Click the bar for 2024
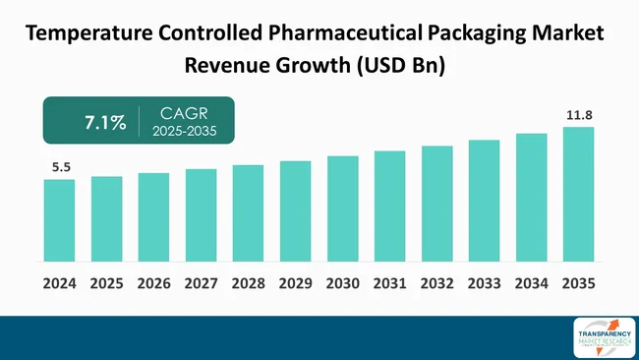tap(59, 220)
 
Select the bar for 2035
tap(578, 194)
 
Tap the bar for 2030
tap(342, 209)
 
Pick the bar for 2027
tap(201, 214)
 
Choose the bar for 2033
tap(484, 201)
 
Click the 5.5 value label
tap(60, 168)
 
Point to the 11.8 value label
tap(579, 115)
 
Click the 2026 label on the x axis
tap(153, 283)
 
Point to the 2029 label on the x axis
tap(295, 283)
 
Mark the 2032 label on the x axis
tap(436, 283)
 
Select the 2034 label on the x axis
tap(531, 283)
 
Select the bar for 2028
tap(248, 212)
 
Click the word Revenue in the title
tap(227, 66)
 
